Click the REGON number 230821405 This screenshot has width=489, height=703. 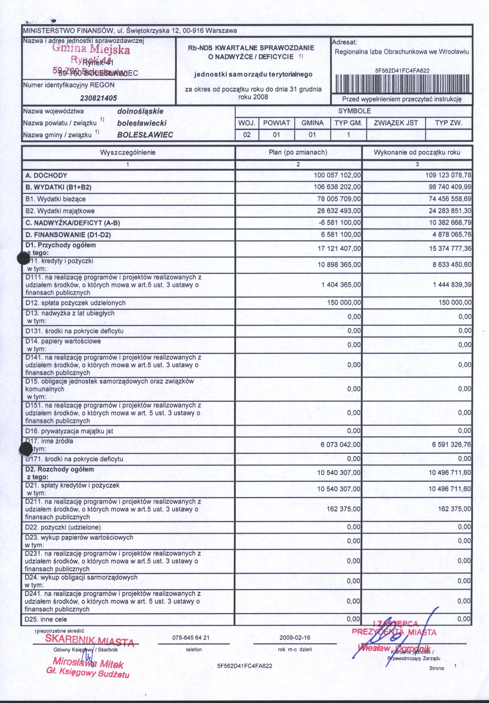coord(98,99)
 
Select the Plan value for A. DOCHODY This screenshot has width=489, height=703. coord(337,175)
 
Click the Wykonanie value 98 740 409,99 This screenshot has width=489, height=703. coord(450,187)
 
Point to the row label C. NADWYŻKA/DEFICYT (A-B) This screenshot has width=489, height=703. coord(73,223)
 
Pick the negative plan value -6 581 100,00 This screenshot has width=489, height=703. coord(340,223)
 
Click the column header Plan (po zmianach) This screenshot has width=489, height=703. coord(298,152)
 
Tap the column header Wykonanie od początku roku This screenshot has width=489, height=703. coord(417,152)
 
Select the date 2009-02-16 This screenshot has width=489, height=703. coord(295,638)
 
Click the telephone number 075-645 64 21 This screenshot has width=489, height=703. coord(194,638)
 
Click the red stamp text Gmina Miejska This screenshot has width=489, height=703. coord(91,49)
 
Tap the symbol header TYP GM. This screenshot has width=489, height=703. coord(348,123)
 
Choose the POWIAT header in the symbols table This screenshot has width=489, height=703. coord(276,123)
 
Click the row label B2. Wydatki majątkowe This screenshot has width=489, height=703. coord(60,211)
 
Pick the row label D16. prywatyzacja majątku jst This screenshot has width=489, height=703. coord(69,431)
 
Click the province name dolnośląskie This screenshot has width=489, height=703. coord(140,111)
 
